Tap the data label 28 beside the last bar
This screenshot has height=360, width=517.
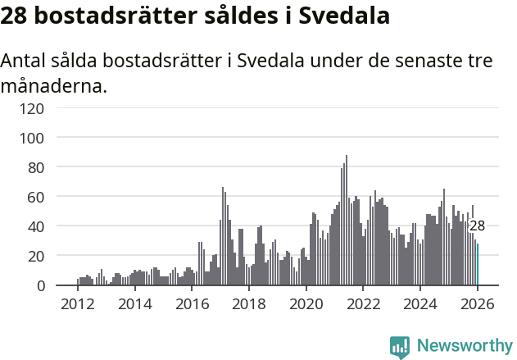477,226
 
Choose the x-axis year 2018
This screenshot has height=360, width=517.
249,303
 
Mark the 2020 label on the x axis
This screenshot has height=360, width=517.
306,303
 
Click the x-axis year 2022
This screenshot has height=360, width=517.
364,303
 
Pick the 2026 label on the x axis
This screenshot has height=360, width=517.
478,303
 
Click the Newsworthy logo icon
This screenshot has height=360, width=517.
400,347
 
